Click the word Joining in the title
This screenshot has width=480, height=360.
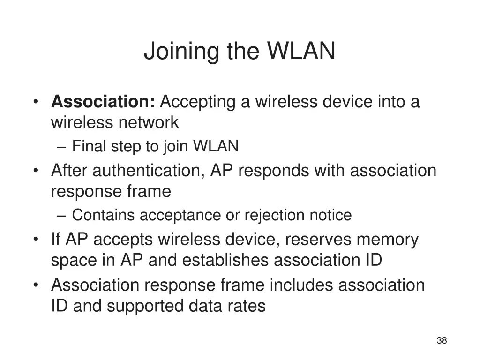tap(182, 52)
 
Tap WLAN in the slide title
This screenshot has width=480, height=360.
tap(301, 51)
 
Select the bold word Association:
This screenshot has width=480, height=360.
tap(103, 101)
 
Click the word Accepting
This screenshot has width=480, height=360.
tap(198, 103)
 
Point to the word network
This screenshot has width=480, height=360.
tap(149, 122)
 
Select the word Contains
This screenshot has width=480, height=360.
tap(103, 215)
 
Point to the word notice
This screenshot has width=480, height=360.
tap(330, 215)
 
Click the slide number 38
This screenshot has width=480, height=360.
tap(442, 340)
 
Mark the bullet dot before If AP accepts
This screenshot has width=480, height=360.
tap(36, 239)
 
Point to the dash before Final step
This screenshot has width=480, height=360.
tap(61, 147)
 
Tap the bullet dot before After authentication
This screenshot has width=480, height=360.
tap(36, 170)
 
